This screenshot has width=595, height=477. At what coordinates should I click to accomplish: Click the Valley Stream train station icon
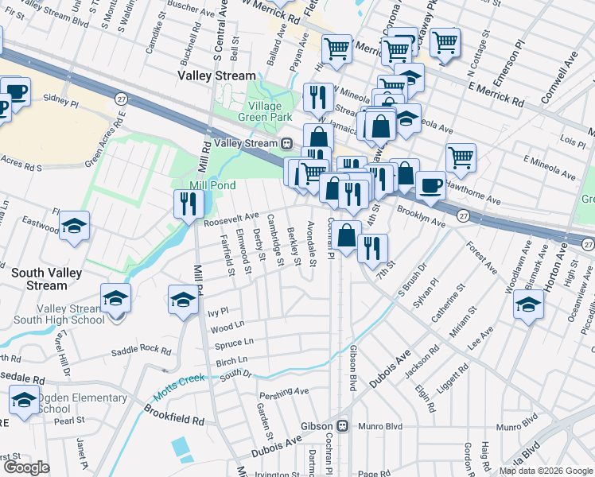[286, 143]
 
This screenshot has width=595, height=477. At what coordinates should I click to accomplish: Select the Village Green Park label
[259, 111]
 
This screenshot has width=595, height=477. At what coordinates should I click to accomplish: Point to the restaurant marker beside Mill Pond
[189, 204]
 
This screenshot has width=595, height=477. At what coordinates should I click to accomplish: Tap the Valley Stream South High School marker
[115, 299]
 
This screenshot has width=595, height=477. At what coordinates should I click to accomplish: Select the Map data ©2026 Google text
[546, 471]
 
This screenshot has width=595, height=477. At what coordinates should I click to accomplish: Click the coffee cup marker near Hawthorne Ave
[430, 186]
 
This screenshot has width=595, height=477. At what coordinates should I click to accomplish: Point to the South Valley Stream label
[39, 279]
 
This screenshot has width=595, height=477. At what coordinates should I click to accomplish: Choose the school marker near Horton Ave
[529, 304]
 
